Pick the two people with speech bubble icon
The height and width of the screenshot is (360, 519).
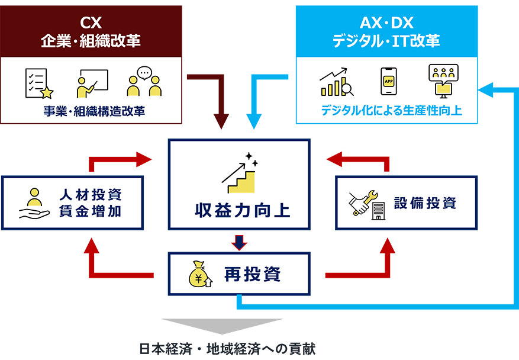click(x=144, y=82)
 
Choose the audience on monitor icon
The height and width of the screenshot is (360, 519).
click(x=443, y=81)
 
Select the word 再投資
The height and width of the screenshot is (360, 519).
click(x=252, y=274)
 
